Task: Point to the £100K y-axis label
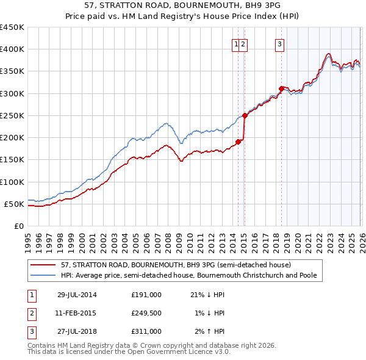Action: tap(12, 182)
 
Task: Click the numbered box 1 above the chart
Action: tap(235, 43)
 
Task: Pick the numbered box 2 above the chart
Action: tap(243, 43)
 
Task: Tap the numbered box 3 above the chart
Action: tap(279, 43)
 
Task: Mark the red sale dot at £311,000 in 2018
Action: tap(281, 88)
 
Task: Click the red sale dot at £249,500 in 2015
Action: tap(244, 115)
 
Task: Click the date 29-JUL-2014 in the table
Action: tap(77, 295)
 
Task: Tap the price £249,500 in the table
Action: tap(146, 313)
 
